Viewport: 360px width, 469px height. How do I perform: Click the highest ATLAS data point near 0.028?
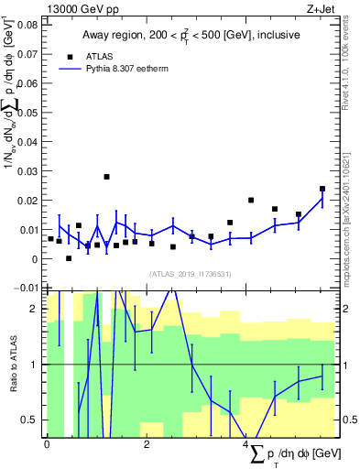pyautogui.click(x=106, y=177)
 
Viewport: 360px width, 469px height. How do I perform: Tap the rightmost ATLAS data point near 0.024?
pyautogui.click(x=322, y=189)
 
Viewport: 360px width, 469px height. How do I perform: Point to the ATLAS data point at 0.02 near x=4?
pyautogui.click(x=251, y=201)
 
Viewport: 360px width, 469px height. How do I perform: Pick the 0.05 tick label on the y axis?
pyautogui.click(x=27, y=113)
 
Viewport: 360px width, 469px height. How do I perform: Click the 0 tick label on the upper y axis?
pyautogui.click(x=35, y=259)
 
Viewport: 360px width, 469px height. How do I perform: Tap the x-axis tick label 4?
pyautogui.click(x=245, y=444)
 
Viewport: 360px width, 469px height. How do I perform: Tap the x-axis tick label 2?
pyautogui.click(x=147, y=444)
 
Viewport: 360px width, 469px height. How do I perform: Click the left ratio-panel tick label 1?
pyautogui.click(x=35, y=365)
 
